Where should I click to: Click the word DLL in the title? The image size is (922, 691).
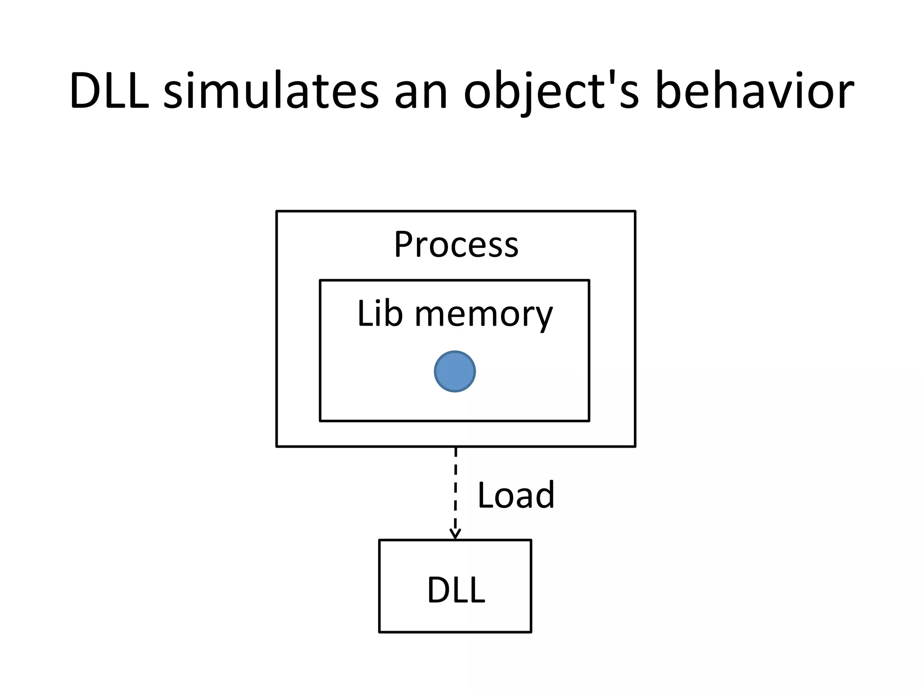point(109,91)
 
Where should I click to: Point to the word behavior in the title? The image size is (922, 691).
point(754,91)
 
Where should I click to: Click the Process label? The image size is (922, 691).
point(456,245)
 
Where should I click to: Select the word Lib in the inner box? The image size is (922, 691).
point(380,314)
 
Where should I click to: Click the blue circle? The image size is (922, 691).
point(455,372)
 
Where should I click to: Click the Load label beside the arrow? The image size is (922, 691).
point(516,495)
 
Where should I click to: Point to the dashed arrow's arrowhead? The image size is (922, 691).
point(455,535)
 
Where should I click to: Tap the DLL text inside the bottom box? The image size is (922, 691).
point(456,590)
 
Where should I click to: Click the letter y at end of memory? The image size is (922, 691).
point(543,318)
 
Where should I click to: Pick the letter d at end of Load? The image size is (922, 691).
point(546,495)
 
